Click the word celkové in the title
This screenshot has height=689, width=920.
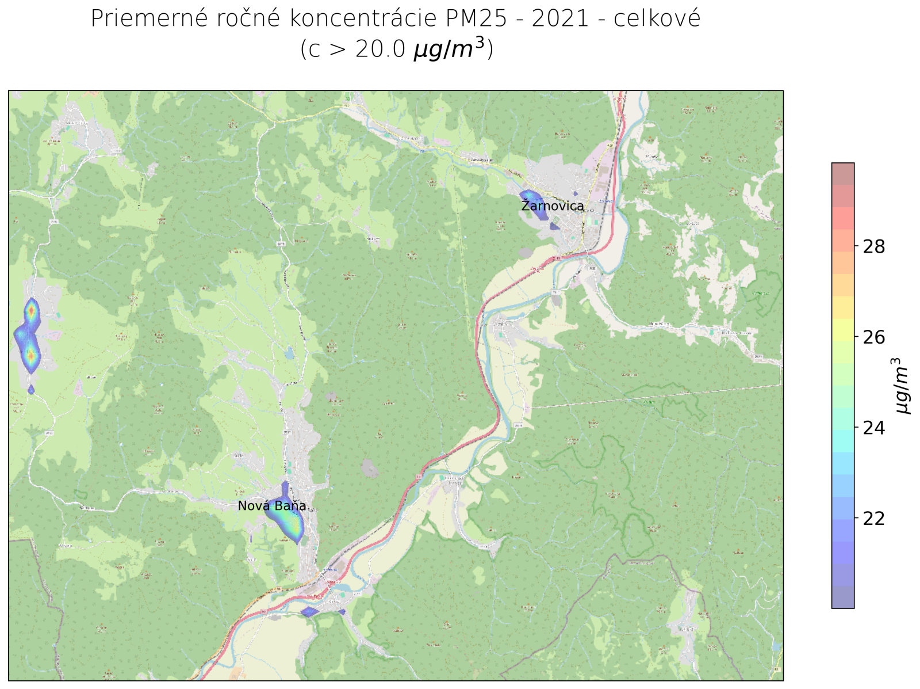657,19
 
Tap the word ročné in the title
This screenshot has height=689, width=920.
249,19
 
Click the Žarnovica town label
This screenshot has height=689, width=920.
553,206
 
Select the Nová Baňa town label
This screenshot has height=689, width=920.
272,506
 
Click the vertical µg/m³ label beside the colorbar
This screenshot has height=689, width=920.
902,386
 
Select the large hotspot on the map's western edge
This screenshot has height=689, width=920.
29,337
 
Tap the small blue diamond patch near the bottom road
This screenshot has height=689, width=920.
309,611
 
